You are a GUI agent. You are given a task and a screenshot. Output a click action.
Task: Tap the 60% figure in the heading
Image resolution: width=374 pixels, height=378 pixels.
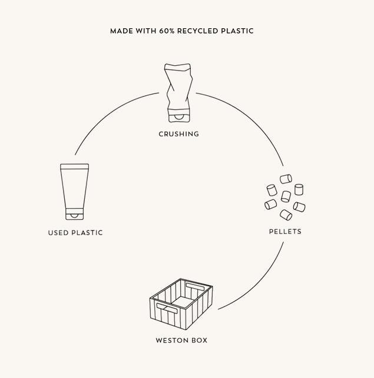167,31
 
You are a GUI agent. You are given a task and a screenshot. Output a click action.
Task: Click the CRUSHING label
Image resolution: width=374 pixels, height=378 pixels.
179,134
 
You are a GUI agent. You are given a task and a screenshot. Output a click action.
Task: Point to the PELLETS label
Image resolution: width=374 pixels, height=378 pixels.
285,232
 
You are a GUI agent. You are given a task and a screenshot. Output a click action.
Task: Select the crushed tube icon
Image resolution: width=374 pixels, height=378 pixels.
178,93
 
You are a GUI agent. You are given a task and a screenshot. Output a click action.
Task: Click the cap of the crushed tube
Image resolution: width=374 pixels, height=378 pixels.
178,116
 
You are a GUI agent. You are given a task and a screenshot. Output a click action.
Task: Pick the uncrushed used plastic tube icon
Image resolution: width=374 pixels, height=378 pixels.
74,192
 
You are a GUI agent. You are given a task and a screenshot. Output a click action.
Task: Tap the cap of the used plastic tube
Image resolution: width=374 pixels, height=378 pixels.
74,214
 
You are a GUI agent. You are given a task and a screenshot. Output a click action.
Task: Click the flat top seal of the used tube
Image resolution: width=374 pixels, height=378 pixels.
74,166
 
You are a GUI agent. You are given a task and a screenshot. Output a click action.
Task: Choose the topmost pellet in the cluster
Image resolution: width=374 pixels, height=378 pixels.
286,179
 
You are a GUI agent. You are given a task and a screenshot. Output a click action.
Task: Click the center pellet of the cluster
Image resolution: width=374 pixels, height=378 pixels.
286,196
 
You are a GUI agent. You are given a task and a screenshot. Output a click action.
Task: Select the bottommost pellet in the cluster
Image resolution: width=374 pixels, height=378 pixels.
286,215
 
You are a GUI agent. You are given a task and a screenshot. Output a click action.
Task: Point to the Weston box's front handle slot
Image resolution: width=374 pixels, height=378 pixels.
167,308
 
